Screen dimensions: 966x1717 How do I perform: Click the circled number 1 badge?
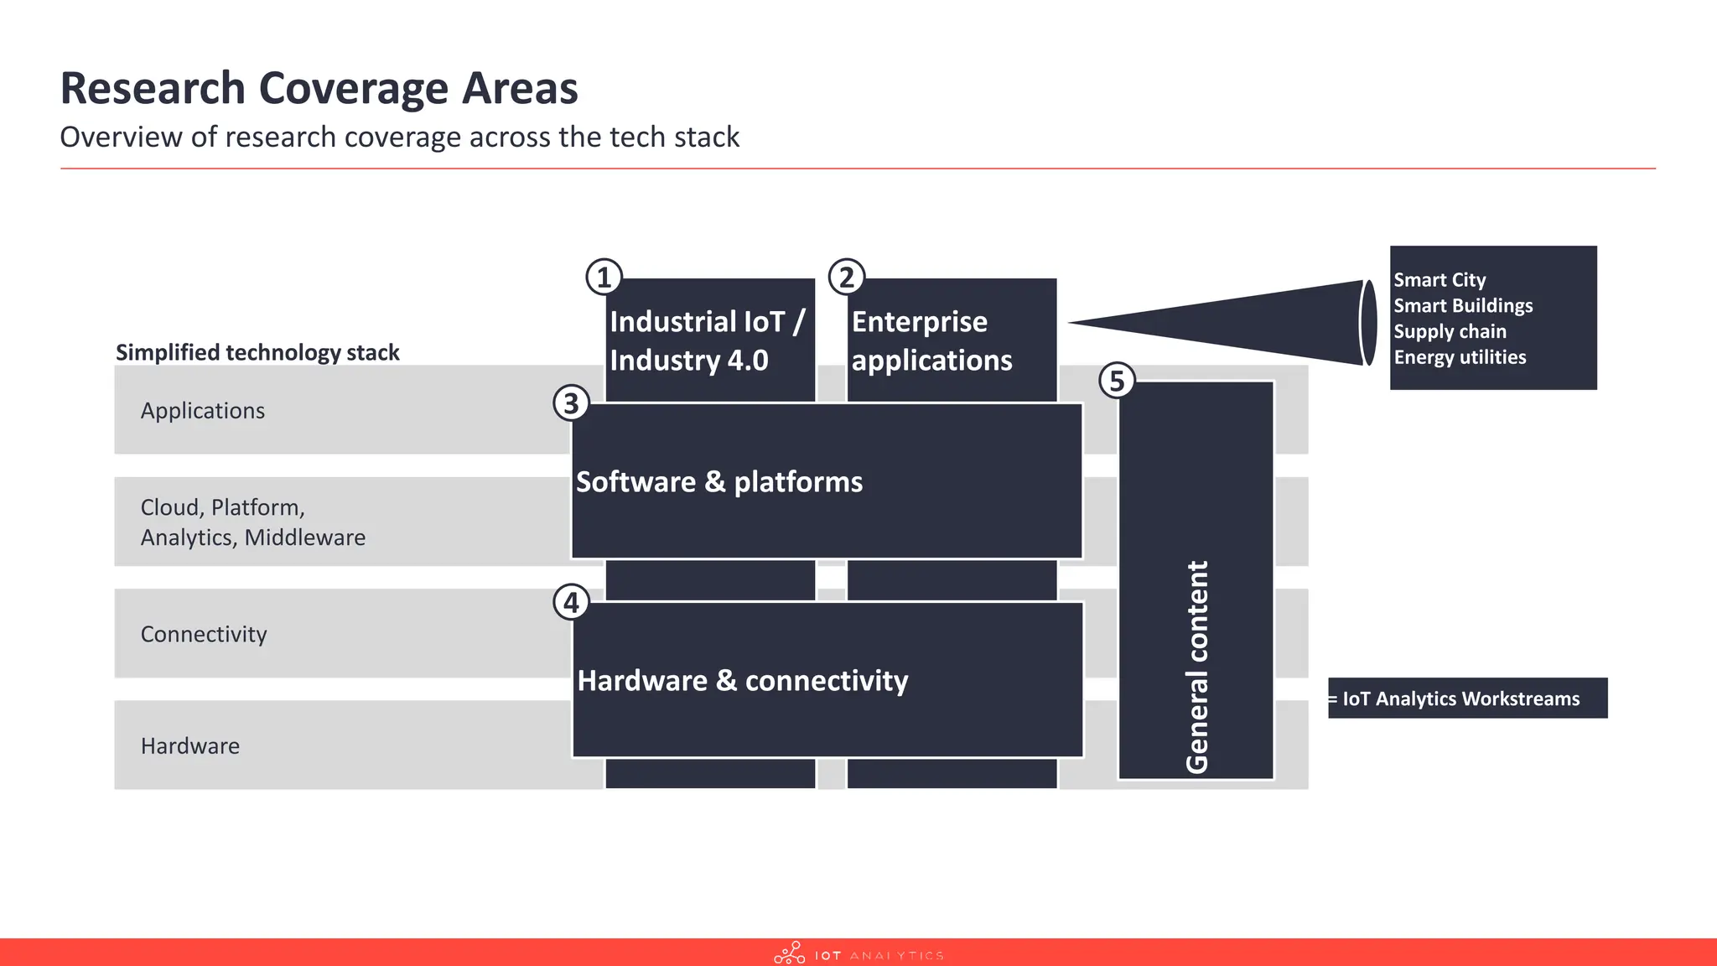[604, 277]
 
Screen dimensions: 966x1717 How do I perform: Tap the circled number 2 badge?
[847, 277]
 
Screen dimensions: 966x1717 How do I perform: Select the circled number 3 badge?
[571, 403]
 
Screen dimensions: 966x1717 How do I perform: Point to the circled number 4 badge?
[571, 602]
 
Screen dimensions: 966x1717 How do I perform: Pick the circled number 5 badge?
[1117, 381]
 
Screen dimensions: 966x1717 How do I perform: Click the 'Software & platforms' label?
[719, 482]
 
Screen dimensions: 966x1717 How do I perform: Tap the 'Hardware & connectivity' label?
[743, 681]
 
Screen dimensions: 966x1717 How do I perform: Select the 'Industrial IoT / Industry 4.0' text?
[707, 340]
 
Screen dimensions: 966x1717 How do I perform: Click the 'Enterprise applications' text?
[931, 340]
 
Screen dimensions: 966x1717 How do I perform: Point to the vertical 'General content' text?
[1196, 667]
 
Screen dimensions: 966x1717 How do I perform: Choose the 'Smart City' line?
[1439, 280]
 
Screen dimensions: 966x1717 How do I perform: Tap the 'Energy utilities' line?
[1460, 357]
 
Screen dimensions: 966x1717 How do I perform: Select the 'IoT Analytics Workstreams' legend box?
[1467, 699]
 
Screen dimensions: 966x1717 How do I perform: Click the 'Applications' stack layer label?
[203, 411]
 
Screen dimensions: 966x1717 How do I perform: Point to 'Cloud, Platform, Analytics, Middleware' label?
[252, 522]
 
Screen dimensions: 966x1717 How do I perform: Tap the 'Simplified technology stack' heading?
[257, 352]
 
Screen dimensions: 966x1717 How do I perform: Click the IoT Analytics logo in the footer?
[858, 954]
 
